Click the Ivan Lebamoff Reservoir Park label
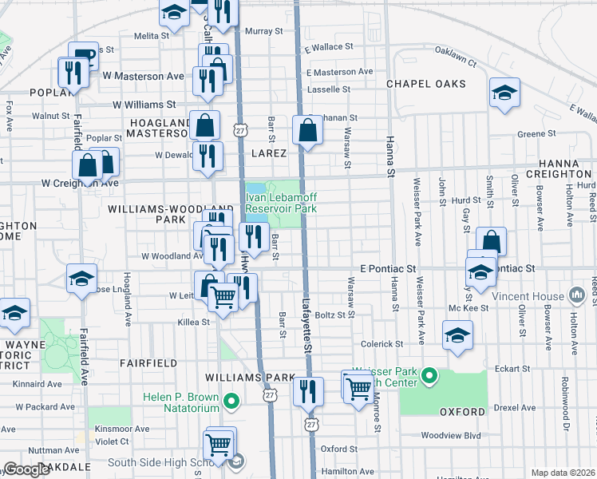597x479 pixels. point(281,204)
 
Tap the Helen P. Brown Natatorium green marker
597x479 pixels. point(231,400)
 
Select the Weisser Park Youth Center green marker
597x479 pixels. point(429,374)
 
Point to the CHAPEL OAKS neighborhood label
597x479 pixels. point(426,84)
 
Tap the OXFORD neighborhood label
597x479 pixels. point(462,412)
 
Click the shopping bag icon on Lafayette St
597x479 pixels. point(307,130)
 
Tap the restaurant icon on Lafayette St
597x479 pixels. point(307,392)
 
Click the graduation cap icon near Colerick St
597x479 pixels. point(457,335)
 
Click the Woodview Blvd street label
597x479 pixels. point(451,436)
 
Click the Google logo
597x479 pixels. point(26,469)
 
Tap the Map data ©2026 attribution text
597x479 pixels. point(563,473)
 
